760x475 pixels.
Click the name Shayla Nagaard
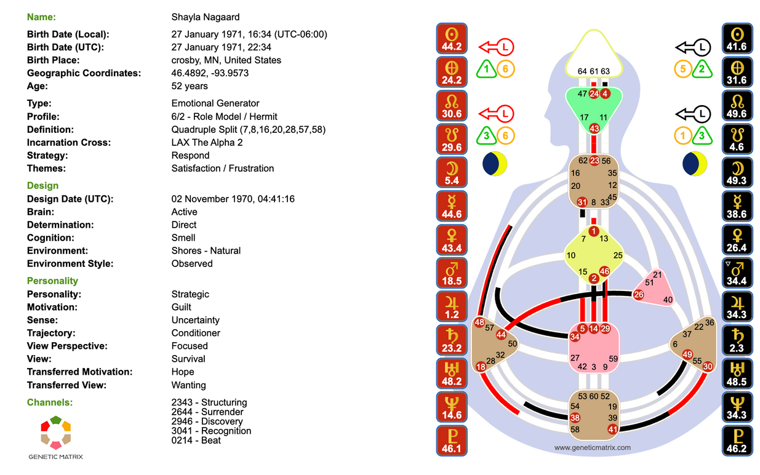206,17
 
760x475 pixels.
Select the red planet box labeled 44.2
452,39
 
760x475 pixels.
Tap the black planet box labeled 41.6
737,39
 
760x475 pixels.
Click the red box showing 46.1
452,441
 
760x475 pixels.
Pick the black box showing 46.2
737,441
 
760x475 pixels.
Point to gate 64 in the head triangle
582,71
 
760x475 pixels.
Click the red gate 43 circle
594,128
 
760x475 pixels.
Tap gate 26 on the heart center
638,295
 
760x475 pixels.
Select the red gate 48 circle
480,323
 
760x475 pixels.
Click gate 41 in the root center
612,429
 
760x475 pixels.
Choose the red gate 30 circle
708,366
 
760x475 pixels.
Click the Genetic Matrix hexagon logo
55,432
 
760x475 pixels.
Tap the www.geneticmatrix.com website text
592,448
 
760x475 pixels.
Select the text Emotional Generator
215,103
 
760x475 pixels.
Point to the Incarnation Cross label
69,143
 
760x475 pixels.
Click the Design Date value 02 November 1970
233,199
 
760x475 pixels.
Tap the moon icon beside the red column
495,164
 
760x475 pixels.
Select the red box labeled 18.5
452,273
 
